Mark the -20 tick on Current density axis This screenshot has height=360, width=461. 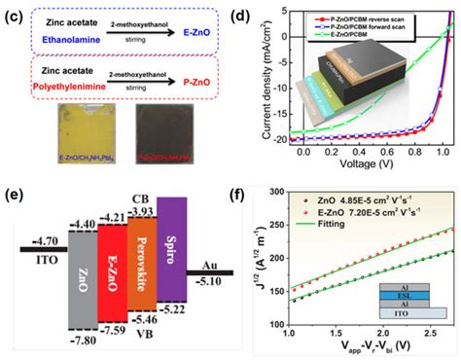click(274, 139)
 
